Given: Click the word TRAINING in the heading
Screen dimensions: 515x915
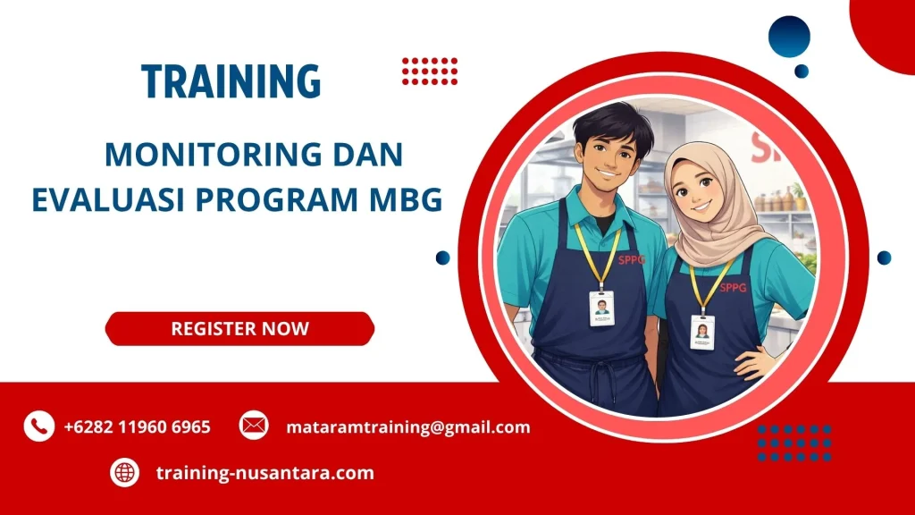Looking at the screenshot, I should [231, 81].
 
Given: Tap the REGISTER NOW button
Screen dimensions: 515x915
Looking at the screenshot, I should [239, 328].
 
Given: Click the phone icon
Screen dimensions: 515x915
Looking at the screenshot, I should [38, 426].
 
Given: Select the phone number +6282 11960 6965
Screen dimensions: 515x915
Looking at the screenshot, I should [137, 427].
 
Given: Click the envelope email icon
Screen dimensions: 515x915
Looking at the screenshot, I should [254, 426].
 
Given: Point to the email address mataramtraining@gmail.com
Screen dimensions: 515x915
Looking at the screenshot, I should [407, 427].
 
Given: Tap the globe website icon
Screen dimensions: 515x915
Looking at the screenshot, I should [125, 472].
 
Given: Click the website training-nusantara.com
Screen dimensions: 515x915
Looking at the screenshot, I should [264, 473].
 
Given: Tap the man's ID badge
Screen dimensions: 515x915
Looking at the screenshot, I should [601, 308].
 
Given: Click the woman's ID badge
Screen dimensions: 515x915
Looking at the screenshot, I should [702, 332].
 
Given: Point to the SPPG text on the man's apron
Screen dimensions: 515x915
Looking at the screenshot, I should [631, 260].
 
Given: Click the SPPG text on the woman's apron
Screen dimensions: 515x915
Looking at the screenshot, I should [732, 288].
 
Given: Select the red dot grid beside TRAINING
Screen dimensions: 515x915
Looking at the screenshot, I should [429, 71].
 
